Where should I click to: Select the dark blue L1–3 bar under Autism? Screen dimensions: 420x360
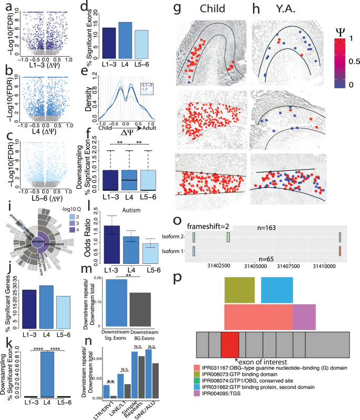pos(111,229)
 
